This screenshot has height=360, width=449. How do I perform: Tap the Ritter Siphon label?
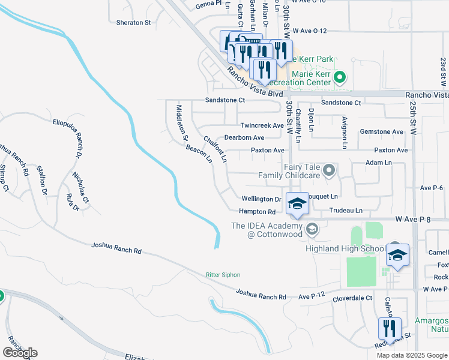(x=223, y=275)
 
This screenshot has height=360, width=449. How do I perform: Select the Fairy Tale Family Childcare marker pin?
(x=328, y=171)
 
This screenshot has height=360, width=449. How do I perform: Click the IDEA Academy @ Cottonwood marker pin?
(x=312, y=229)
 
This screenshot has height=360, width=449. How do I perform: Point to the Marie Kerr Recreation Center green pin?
(x=339, y=77)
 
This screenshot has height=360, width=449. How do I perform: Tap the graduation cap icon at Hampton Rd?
(x=297, y=204)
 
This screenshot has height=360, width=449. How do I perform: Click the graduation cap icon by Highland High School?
(x=397, y=255)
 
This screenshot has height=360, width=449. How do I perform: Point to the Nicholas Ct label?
(x=80, y=187)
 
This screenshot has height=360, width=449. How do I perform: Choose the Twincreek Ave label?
(x=262, y=125)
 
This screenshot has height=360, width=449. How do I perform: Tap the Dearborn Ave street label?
(x=244, y=138)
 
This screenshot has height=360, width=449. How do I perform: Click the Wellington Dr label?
(x=261, y=199)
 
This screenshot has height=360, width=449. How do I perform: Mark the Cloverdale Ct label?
(x=352, y=298)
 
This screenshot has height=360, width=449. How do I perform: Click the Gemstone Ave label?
(x=381, y=131)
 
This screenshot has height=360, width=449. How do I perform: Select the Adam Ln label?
(x=378, y=163)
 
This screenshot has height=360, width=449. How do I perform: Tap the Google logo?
(x=20, y=353)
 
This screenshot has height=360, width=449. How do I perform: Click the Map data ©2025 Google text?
(x=412, y=355)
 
